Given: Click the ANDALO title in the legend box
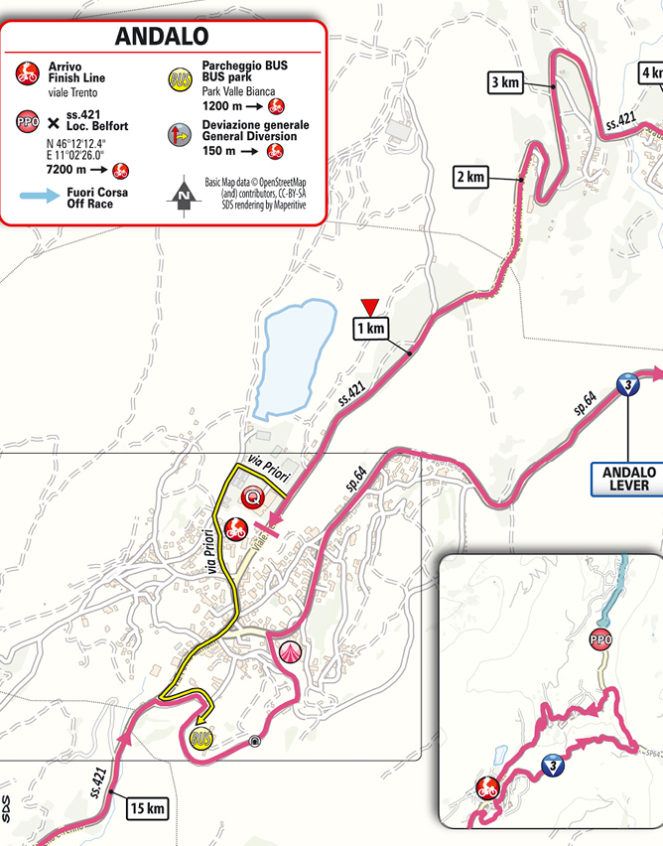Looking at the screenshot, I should (161, 37).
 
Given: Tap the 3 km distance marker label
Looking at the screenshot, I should (505, 82).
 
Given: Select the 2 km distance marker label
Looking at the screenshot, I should (470, 178).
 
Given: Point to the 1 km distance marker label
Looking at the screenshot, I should (370, 327).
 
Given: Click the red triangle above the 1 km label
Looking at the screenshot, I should (370, 305).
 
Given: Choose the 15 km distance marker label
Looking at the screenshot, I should (147, 808).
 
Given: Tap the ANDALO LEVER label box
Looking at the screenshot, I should (628, 478).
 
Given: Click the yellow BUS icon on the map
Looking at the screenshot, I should (199, 738).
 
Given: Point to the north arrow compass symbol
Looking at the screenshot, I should (183, 197).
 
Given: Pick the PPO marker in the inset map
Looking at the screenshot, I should (599, 638).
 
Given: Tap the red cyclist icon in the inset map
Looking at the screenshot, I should (486, 789).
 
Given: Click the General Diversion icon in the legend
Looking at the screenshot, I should (180, 133).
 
